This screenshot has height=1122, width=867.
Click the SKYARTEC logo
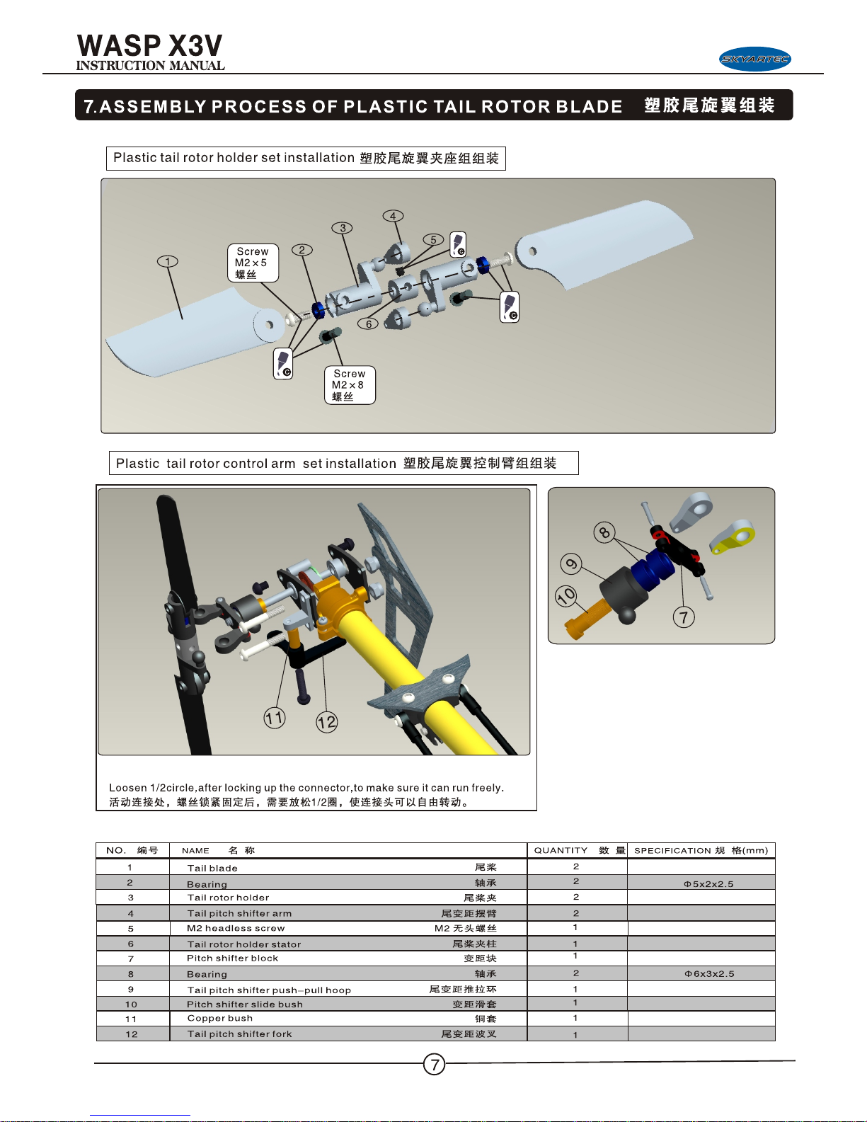pyautogui.click(x=755, y=59)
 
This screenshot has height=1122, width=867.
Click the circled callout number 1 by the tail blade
pyautogui.click(x=167, y=261)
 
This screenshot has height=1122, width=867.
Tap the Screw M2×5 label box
pyautogui.click(x=253, y=263)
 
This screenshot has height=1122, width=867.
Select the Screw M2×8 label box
pyautogui.click(x=350, y=385)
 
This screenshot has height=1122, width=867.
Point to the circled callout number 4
pyautogui.click(x=394, y=216)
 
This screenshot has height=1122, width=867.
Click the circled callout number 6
pyautogui.click(x=368, y=324)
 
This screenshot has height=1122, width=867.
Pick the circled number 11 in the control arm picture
pyautogui.click(x=275, y=718)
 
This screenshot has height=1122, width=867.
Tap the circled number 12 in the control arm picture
pyautogui.click(x=327, y=722)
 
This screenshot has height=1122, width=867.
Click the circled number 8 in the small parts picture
pyautogui.click(x=604, y=532)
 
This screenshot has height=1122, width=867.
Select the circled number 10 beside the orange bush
pyautogui.click(x=566, y=596)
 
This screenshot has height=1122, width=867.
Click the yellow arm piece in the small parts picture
pyautogui.click(x=733, y=538)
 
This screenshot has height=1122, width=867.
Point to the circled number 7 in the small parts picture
pyautogui.click(x=684, y=617)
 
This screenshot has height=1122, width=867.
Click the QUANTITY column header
pyautogui.click(x=561, y=850)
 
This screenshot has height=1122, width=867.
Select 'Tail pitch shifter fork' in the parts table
pyautogui.click(x=239, y=1034)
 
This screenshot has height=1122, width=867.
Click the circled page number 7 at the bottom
pyautogui.click(x=435, y=1064)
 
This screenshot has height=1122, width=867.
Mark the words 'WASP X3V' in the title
pyautogui.click(x=149, y=45)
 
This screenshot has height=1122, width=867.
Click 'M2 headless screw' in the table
pyautogui.click(x=236, y=928)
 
